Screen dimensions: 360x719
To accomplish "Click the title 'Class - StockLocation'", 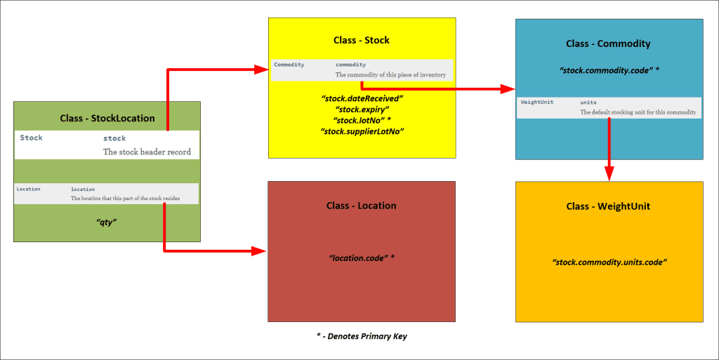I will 107,118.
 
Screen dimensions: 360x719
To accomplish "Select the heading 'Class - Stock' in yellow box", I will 362,40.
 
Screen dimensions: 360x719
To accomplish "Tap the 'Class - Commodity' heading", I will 608,44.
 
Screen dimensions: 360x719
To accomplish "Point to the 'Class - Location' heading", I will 362,206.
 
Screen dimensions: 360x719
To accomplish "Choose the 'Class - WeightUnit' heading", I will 608,206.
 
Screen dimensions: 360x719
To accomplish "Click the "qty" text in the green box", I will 107,222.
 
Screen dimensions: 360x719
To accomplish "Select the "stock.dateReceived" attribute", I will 362,98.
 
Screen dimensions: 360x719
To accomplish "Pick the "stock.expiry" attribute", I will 362,109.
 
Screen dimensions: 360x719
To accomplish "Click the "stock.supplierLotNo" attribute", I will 362,131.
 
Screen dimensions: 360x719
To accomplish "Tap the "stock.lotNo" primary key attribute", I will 362,121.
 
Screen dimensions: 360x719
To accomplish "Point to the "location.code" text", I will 362,258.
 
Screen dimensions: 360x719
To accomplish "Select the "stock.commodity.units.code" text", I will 608,262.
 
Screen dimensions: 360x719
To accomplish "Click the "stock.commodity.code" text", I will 608,71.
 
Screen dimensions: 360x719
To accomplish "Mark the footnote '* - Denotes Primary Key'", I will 362,336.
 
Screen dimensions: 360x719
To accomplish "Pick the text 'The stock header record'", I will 147,152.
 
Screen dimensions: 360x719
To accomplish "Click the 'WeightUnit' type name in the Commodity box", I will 537,102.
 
